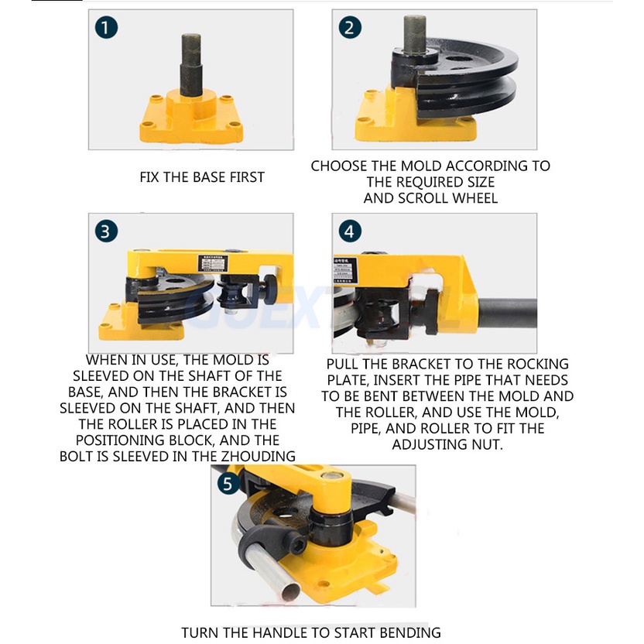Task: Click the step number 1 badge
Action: (x=106, y=28)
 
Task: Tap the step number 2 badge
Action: (x=350, y=28)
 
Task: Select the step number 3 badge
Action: (x=106, y=231)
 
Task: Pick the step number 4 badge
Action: (x=350, y=231)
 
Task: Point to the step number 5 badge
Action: (x=228, y=483)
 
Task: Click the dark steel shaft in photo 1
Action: (x=191, y=65)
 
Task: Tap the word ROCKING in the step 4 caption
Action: (x=538, y=364)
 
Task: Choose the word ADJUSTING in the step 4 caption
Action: (x=429, y=444)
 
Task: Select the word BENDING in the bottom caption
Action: (x=409, y=632)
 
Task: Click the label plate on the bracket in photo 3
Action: (x=213, y=264)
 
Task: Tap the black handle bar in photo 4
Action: (x=507, y=313)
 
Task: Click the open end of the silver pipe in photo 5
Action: (x=290, y=592)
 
